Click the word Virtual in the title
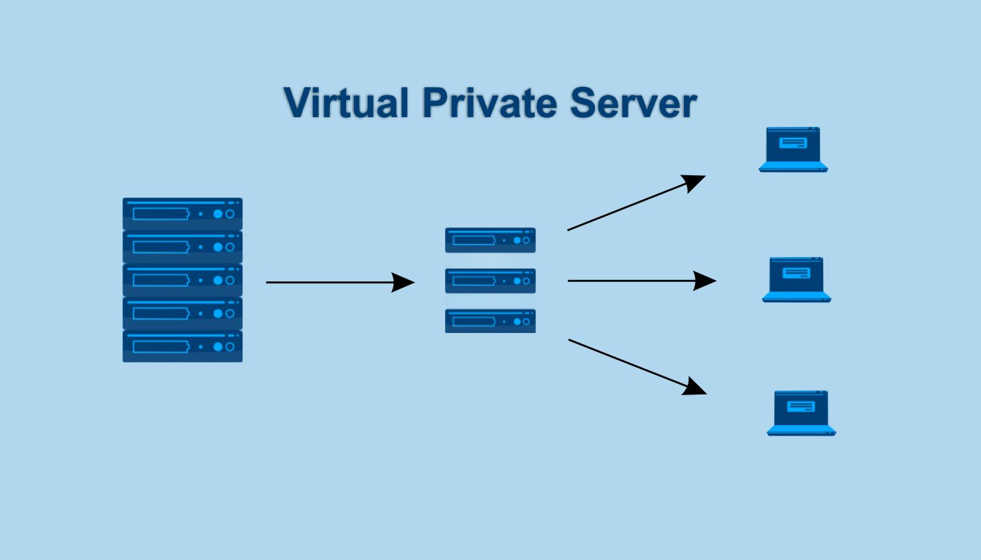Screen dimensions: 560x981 [x=346, y=103]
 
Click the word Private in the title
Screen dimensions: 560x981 [x=490, y=103]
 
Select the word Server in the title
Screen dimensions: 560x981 [x=633, y=103]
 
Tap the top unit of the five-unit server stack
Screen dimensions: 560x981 [x=183, y=214]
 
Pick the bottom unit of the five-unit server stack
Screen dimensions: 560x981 [x=183, y=346]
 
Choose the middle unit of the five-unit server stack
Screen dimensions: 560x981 [x=183, y=280]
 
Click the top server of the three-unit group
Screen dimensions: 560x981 [x=490, y=240]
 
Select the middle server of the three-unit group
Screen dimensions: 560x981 [x=490, y=281]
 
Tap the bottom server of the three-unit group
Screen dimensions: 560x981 [x=490, y=321]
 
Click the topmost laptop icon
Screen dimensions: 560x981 [x=793, y=150]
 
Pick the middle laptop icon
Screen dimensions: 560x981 [x=796, y=280]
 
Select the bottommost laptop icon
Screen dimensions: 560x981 [x=801, y=413]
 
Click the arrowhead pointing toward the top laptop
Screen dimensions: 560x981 [x=694, y=181]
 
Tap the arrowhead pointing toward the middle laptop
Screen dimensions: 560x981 [x=705, y=281]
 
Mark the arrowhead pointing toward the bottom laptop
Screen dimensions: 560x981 [x=695, y=387]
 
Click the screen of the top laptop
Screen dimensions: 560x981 [x=793, y=144]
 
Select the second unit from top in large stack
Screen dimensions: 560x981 [x=183, y=247]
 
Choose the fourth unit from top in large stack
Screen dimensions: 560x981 [x=183, y=313]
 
